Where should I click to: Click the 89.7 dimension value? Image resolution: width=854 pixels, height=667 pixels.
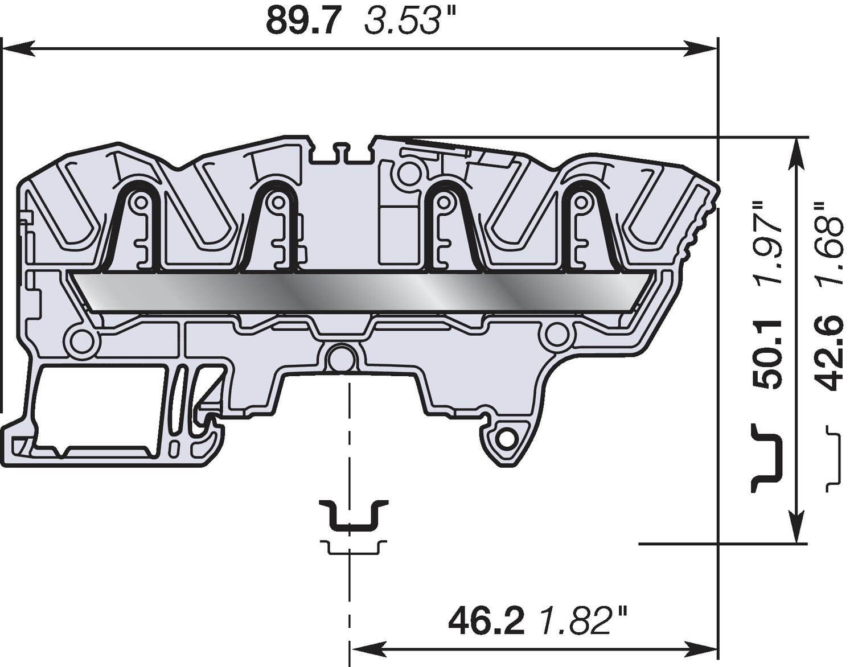(x=304, y=22)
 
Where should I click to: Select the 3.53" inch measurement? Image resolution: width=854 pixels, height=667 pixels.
(x=403, y=22)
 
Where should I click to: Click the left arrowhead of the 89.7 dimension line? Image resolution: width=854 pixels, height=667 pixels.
(x=17, y=50)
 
